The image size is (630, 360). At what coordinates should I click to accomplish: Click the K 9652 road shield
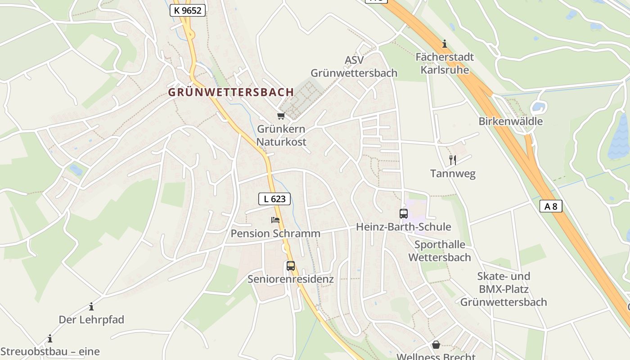coord(188,10)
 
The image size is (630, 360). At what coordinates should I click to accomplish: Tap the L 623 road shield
coord(274,198)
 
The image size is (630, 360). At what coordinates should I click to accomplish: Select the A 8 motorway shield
coord(551,206)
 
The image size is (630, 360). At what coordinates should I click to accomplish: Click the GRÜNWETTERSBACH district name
coord(231,92)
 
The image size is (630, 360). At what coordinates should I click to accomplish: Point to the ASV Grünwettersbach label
coord(354,67)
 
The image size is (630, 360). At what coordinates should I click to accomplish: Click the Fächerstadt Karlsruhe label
coord(445,63)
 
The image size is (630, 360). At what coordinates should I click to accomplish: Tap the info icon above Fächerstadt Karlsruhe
coord(445,44)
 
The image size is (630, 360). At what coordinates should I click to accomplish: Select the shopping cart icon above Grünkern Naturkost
coord(281,116)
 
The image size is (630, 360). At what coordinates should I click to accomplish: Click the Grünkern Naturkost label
coord(281,135)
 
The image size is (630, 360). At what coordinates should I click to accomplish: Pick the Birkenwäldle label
coord(510,121)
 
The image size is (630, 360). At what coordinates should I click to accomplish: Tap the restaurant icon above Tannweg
coord(453,160)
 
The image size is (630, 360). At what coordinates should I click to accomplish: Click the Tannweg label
coord(453,174)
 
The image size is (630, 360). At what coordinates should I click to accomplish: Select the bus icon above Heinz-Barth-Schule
coord(404,214)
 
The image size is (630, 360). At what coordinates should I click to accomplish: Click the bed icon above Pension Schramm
coord(275,220)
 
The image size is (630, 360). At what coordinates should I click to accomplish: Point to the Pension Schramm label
coord(275,234)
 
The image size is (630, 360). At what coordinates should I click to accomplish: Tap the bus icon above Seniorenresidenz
coord(291,266)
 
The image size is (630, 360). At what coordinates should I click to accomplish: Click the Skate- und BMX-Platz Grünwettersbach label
coord(504,289)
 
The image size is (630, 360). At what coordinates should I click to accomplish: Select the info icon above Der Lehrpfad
coord(91,306)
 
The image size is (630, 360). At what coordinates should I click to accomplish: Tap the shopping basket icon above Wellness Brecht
coord(436,345)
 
